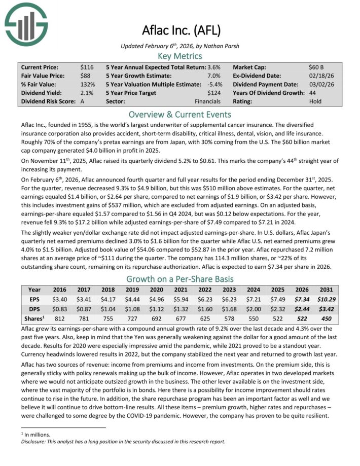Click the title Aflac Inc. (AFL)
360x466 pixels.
coord(180,30)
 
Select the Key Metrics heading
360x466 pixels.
coord(180,56)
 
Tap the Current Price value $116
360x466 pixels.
coord(87,67)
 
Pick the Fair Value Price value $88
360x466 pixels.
coord(86,76)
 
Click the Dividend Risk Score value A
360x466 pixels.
coord(82,101)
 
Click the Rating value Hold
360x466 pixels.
coord(315,101)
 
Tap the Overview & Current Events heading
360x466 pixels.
coord(180,114)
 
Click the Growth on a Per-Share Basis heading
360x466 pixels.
coord(180,279)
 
